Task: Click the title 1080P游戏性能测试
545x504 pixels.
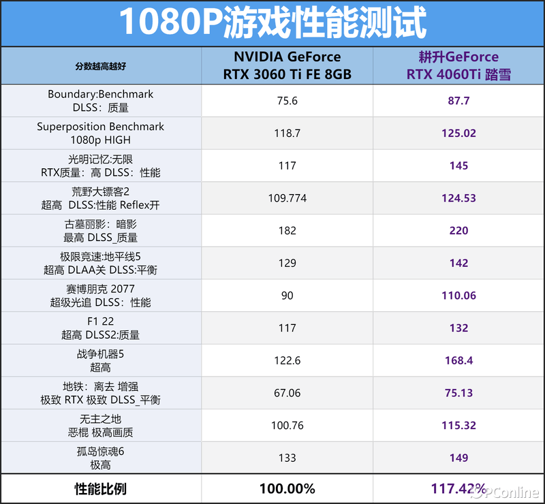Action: [x=272, y=23]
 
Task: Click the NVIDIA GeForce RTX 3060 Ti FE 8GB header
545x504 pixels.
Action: [x=287, y=66]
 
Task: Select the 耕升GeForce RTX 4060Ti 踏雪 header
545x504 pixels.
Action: [x=458, y=66]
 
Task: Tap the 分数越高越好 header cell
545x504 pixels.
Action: [x=101, y=66]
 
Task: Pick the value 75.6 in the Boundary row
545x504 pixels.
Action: [x=287, y=101]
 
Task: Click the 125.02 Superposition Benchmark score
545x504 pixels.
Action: [x=458, y=133]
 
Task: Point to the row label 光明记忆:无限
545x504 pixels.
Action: [x=101, y=159]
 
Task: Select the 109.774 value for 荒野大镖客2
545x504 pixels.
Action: [x=287, y=198]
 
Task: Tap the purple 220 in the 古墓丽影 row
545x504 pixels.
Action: [x=458, y=231]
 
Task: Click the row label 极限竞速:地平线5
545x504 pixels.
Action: [x=101, y=257]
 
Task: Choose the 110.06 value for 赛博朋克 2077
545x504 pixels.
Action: [x=458, y=296]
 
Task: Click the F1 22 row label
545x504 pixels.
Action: [x=101, y=321]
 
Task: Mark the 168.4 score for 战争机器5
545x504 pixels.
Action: [x=458, y=360]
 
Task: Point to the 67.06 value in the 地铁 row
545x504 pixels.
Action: [x=287, y=393]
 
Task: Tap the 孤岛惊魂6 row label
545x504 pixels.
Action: [x=101, y=452]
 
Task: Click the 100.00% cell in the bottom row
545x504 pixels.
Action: [x=287, y=489]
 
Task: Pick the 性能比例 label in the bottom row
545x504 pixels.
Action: [x=101, y=489]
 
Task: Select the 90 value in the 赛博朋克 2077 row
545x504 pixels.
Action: [x=287, y=296]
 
